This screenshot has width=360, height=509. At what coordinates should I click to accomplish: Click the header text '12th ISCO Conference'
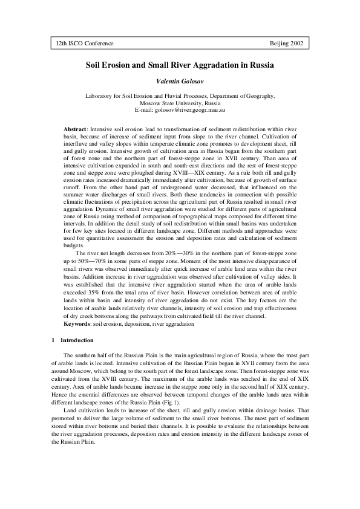(84, 45)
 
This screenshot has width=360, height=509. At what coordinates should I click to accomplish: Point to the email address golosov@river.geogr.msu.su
(192, 111)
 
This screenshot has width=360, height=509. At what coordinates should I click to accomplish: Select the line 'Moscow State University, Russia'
(180, 103)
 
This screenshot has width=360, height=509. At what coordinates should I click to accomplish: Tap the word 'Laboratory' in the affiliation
(100, 96)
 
